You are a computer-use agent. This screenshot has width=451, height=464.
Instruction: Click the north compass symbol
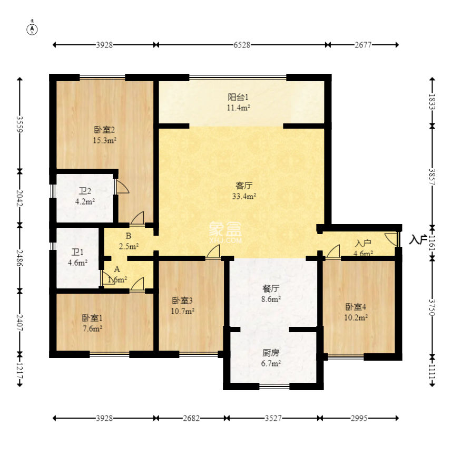coord(32,28)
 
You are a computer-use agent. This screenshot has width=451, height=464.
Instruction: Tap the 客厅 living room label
coord(244,186)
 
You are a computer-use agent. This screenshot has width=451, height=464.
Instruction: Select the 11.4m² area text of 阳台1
coord(239,108)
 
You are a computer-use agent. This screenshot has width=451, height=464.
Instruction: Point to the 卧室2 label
coord(104,130)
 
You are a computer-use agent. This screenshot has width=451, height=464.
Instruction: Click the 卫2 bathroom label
coord(85,191)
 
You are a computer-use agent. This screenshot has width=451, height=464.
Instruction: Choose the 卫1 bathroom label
coord(77,252)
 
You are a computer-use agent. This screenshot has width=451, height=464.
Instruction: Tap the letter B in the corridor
coord(129,236)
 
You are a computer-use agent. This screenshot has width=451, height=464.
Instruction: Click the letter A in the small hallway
coord(117,269)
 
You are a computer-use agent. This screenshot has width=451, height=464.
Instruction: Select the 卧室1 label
coord(92,318)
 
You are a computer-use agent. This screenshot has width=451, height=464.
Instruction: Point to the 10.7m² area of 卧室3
coord(182,311)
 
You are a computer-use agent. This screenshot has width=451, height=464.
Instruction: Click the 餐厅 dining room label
coord(271,288)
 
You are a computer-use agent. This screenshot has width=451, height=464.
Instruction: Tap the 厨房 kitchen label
coord(271,353)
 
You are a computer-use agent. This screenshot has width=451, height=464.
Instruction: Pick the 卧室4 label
coord(356,307)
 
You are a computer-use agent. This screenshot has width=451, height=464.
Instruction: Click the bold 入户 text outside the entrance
coord(418,239)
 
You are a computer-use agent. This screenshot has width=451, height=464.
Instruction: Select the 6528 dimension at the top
coord(242,45)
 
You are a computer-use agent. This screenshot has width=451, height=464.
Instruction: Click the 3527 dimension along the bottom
coord(273,418)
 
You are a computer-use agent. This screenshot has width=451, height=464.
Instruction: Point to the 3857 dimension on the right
coord(432,177)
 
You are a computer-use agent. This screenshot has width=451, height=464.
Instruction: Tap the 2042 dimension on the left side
coord(19,198)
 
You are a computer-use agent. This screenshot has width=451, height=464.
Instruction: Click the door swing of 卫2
coord(123,187)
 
